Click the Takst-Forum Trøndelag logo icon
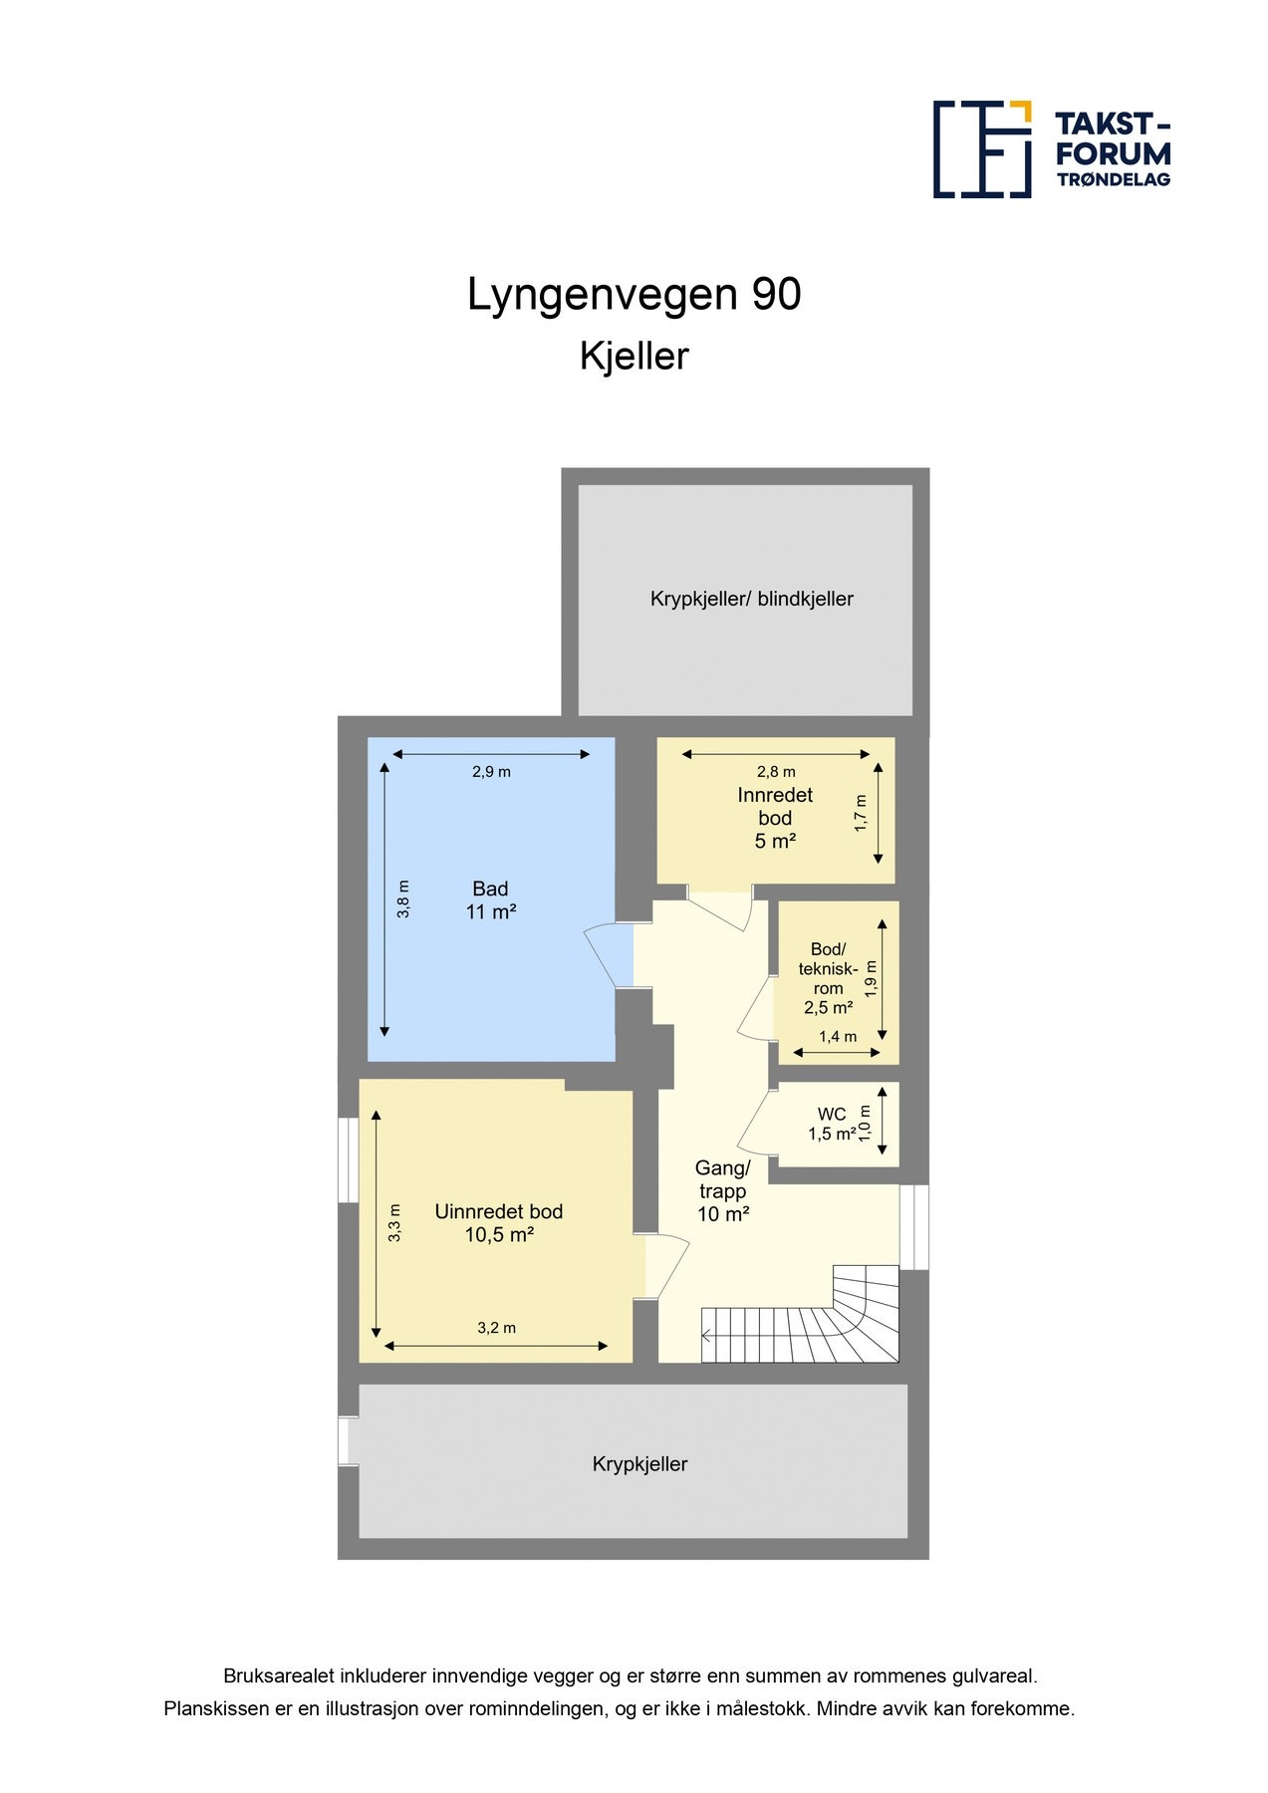(981, 149)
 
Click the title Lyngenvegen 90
(634, 295)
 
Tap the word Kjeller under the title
(634, 357)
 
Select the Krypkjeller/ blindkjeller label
(751, 599)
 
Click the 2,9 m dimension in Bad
(491, 771)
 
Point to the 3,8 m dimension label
(402, 898)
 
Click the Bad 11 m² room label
(490, 900)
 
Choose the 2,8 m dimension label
(776, 771)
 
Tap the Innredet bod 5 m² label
(775, 818)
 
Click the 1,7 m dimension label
(861, 813)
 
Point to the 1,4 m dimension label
(837, 1037)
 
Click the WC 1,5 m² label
(832, 1125)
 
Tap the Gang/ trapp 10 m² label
(722, 1190)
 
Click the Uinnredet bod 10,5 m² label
(498, 1223)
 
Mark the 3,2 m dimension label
(496, 1328)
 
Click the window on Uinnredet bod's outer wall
(348, 1159)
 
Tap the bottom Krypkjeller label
(639, 1464)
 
